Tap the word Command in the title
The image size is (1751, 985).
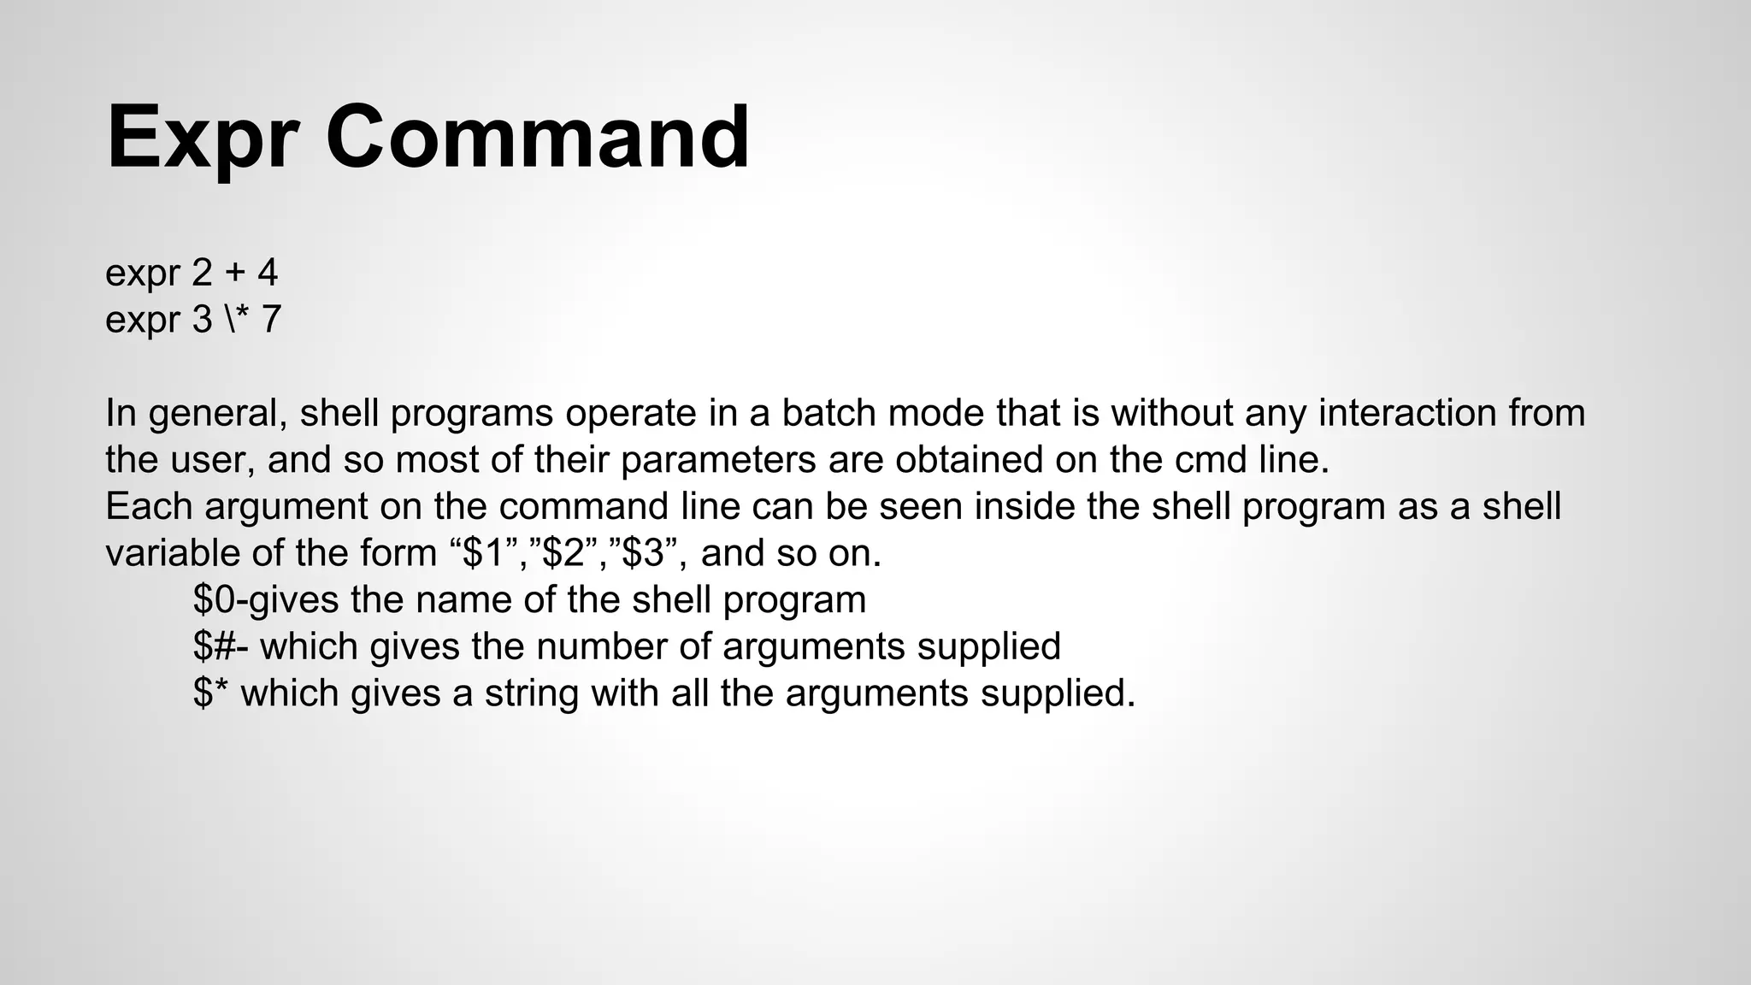(537, 137)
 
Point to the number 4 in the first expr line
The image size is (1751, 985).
(268, 274)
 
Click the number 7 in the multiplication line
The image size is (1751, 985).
(271, 320)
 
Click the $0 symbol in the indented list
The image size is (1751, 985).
(213, 599)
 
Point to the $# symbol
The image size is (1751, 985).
(215, 646)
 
